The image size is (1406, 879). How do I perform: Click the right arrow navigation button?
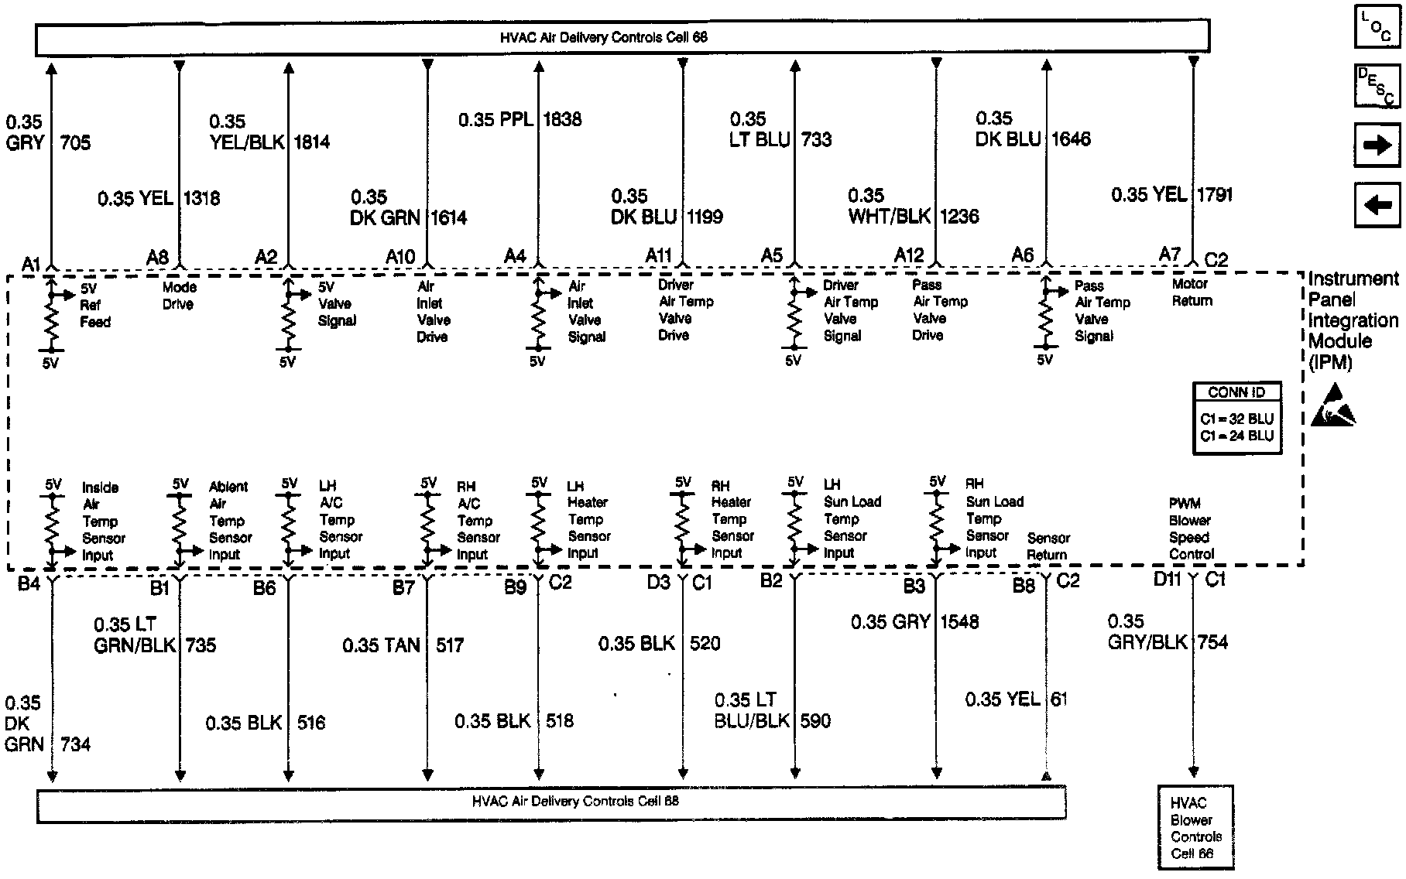1377,145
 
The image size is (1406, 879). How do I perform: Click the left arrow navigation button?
1377,205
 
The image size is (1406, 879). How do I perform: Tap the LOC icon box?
1377,28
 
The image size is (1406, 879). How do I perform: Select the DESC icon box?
1377,85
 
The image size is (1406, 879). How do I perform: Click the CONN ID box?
1236,418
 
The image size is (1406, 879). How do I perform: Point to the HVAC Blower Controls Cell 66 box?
1195,828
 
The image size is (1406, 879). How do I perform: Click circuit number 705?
75,142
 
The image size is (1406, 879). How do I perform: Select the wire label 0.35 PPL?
496,119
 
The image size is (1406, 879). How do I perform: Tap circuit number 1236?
959,217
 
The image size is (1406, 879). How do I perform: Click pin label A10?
400,256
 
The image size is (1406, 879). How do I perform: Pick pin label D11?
1167,579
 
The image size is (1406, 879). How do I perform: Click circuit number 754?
1212,642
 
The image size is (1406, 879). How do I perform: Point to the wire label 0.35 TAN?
381,645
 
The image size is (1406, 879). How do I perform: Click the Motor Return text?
1192,292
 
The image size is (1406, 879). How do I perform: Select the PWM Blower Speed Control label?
1191,528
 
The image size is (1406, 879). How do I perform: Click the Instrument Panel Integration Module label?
1353,320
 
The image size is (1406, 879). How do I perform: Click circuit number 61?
1058,699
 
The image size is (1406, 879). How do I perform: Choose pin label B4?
29,583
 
